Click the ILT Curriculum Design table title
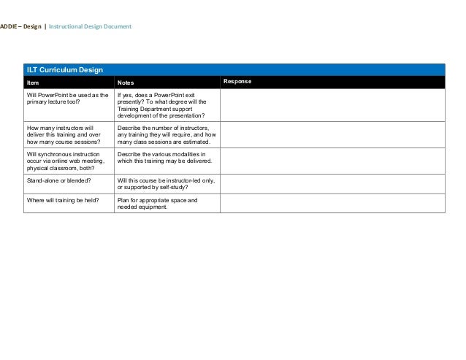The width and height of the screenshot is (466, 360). [x=64, y=70]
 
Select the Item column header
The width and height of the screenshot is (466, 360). [x=33, y=82]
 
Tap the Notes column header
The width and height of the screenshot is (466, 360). [x=126, y=82]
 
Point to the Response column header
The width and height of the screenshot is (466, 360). [x=237, y=81]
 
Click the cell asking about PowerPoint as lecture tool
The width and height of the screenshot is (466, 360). [x=68, y=99]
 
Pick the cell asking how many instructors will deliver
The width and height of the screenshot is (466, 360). [x=66, y=134]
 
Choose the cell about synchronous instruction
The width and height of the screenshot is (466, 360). [x=66, y=161]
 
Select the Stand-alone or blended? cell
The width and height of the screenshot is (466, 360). [x=59, y=179]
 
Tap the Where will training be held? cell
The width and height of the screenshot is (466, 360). [x=62, y=199]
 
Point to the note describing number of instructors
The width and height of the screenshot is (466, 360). [x=167, y=134]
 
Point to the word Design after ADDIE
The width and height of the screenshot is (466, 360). [x=31, y=27]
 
